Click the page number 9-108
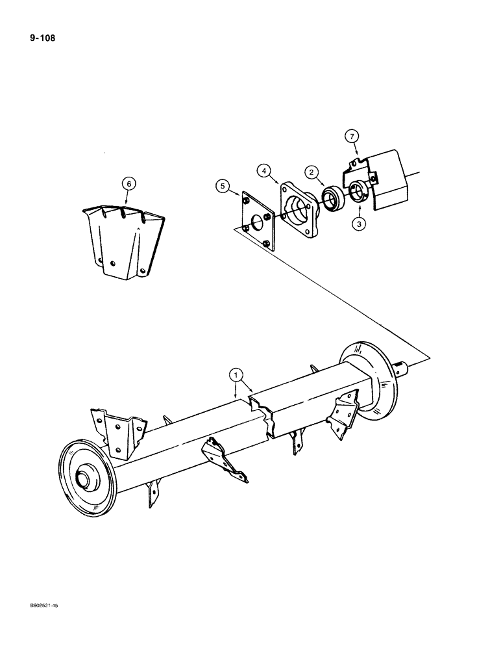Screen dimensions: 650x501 point(42,38)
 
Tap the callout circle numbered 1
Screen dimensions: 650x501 point(236,375)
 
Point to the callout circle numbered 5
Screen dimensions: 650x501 point(223,187)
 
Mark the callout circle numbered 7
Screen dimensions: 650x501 point(350,136)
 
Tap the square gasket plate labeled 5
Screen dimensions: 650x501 point(258,220)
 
